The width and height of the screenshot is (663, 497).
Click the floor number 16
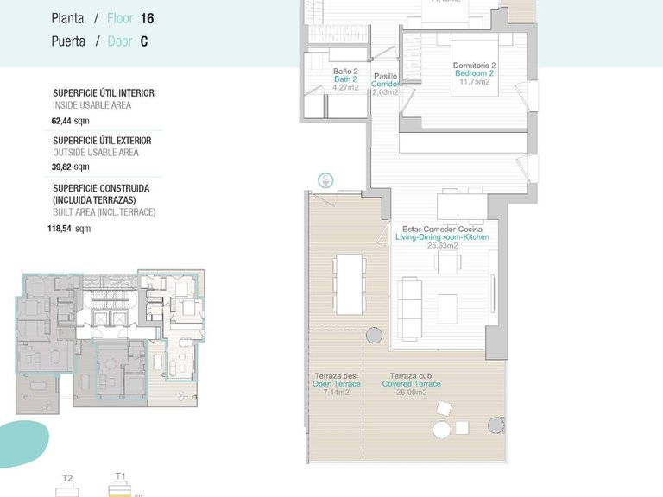click(146, 17)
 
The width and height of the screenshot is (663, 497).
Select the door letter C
click(144, 41)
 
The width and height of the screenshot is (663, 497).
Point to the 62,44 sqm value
click(70, 122)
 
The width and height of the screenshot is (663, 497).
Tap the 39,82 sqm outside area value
click(70, 167)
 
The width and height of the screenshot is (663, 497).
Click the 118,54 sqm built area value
click(68, 229)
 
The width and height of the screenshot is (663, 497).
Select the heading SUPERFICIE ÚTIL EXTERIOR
click(102, 140)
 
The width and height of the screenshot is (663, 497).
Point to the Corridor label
click(385, 84)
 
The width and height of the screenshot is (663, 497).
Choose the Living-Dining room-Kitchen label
click(442, 236)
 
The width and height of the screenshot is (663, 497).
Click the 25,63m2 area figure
click(442, 245)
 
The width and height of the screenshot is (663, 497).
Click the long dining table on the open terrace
click(348, 284)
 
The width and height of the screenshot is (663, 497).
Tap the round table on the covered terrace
click(443, 429)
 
